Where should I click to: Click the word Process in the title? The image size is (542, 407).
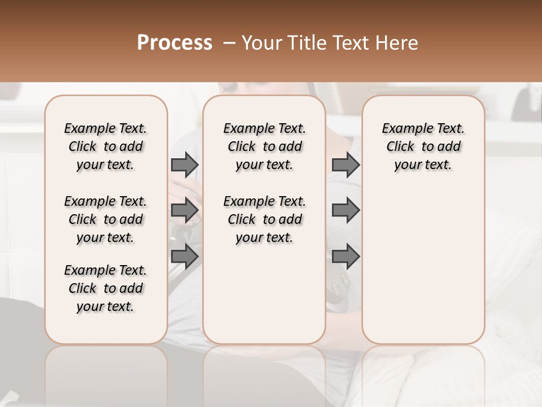174,43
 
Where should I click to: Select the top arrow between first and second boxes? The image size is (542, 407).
185,164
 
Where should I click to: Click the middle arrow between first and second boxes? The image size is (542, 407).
185,210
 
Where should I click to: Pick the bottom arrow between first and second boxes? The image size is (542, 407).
185,257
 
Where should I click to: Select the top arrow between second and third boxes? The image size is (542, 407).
346,164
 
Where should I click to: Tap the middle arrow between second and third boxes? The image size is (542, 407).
346,210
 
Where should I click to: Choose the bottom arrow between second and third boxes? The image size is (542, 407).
346,257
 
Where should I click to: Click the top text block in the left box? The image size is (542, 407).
106,146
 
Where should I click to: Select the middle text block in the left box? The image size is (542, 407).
106,219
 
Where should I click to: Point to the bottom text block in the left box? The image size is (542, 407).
106,288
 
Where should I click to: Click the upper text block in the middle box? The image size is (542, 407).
264,146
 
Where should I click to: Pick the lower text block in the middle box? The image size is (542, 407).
264,219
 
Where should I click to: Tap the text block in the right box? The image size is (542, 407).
423,146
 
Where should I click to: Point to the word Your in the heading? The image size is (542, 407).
261,43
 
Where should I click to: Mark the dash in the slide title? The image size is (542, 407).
229,43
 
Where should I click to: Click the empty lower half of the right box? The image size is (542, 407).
423,271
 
